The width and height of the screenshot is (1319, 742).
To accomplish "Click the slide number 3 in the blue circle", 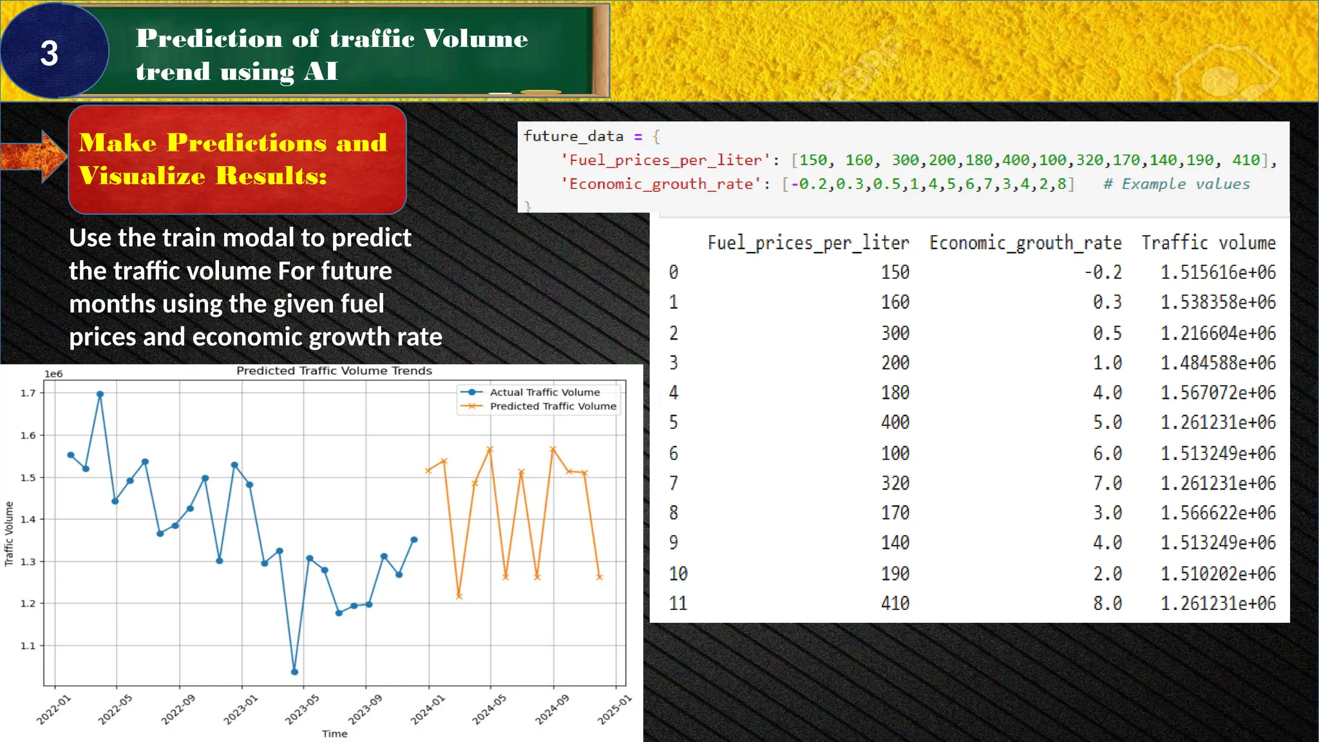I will click(50, 53).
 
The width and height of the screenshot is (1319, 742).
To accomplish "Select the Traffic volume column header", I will click(1208, 243).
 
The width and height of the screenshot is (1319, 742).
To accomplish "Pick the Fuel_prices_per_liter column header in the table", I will click(808, 243).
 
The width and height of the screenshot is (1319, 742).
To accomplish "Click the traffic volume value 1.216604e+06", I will click(1218, 333).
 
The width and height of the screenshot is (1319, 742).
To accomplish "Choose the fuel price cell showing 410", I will click(895, 604).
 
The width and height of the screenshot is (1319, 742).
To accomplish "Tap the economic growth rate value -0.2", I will click(1103, 272).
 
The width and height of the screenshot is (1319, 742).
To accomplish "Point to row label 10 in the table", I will click(678, 573).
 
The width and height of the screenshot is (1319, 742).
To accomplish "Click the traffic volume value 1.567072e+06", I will click(1218, 392).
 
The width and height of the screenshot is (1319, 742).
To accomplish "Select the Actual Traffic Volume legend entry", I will click(544, 392).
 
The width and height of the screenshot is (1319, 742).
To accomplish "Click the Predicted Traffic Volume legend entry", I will click(553, 406).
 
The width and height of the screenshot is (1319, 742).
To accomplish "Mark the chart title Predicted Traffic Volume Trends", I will click(334, 371).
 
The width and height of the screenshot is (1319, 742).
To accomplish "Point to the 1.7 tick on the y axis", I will click(28, 393).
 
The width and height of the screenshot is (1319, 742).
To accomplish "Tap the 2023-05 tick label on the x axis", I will click(302, 709).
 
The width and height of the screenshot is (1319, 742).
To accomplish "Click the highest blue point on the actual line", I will click(100, 394).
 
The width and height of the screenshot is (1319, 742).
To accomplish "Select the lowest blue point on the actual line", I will click(294, 672).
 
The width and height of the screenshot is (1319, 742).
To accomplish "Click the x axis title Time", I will click(334, 734).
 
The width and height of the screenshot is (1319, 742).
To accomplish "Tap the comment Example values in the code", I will click(1177, 184).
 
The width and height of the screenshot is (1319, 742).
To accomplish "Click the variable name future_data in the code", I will click(573, 137).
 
